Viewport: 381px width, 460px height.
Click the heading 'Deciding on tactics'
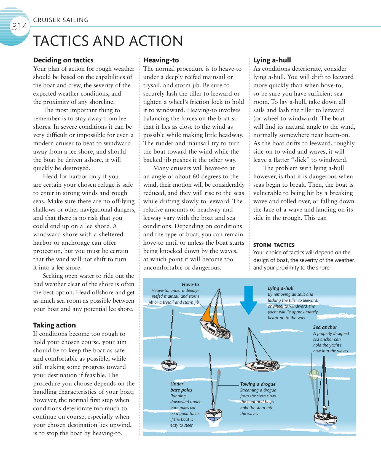[63, 60]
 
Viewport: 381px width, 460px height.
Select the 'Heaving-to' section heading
[161, 60]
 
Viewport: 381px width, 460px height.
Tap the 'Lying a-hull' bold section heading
[272, 60]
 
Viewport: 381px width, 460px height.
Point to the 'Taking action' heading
[54, 325]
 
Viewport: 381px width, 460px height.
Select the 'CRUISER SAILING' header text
[61, 20]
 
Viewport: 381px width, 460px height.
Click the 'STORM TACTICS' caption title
[274, 245]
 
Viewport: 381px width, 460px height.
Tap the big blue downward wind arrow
[248, 300]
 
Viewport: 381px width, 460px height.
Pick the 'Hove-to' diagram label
[190, 284]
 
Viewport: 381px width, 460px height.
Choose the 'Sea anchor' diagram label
[325, 327]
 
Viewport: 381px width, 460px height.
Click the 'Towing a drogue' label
[258, 384]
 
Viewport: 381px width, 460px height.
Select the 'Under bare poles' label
[181, 387]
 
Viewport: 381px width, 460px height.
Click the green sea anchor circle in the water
[313, 375]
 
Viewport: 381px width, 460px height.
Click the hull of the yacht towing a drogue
[214, 415]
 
